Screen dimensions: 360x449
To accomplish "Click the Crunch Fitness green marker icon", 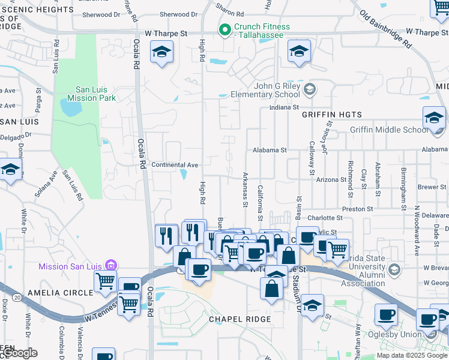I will [x=225, y=29].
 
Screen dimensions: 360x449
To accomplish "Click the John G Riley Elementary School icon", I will [x=309, y=90].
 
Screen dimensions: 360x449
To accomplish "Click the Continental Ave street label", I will [x=175, y=165].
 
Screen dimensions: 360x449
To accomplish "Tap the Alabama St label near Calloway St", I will [x=270, y=150].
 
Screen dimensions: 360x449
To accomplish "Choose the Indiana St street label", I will [x=284, y=107].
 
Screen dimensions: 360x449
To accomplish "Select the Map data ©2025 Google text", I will [x=412, y=355].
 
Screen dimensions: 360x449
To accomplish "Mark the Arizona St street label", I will [x=331, y=179].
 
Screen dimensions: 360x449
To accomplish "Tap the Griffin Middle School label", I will [x=390, y=130].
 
